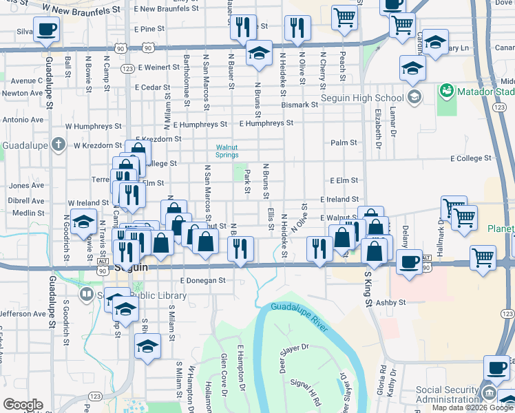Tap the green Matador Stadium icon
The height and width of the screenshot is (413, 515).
click(447, 90)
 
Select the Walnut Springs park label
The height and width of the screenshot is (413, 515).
click(227, 151)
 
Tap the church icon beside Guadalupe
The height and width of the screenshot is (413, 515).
click(59, 145)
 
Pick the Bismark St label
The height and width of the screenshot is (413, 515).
click(299, 105)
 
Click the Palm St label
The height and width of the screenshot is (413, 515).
click(344, 142)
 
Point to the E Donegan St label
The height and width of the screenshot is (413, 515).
click(203, 281)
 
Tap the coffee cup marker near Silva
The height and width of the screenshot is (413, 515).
click(46, 30)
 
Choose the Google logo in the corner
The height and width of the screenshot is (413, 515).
click(23, 405)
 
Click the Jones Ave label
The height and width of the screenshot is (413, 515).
click(27, 185)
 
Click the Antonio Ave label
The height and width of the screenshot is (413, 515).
click(22, 120)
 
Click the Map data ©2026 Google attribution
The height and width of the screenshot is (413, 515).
click(472, 407)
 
